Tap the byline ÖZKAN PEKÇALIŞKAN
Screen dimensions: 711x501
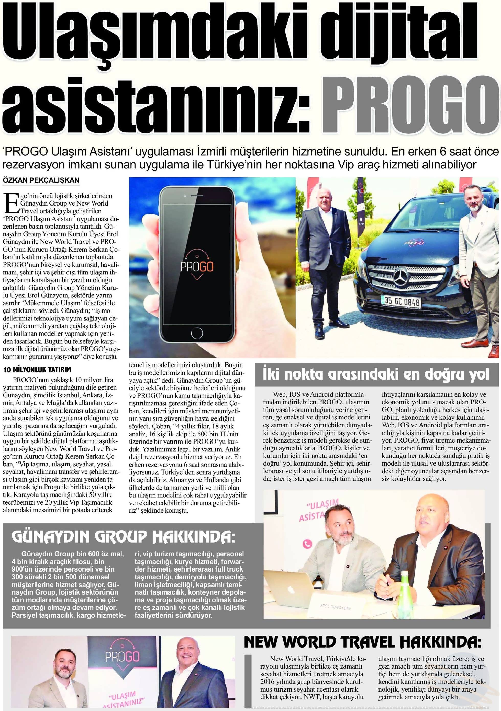(41, 180)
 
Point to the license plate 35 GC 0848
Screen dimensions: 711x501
(402, 301)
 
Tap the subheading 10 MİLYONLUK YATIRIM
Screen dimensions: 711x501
(37, 369)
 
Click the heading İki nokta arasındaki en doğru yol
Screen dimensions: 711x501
(376, 374)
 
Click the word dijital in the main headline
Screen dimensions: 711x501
(402, 34)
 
